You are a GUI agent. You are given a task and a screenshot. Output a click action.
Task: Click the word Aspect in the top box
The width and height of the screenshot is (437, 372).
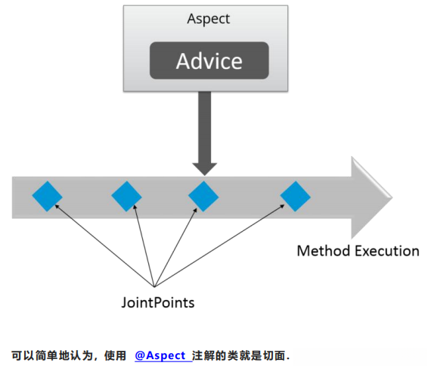[209, 18]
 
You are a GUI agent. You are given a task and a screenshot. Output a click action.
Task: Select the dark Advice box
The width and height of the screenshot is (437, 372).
[209, 61]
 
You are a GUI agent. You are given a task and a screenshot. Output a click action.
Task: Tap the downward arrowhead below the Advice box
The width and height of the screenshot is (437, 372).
[203, 166]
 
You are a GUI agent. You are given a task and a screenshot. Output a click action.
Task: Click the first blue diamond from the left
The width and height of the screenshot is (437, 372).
[47, 197]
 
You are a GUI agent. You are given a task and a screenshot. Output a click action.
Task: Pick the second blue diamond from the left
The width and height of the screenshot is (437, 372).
[126, 197]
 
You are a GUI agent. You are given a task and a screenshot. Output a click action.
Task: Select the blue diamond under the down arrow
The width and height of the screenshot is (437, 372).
[203, 197]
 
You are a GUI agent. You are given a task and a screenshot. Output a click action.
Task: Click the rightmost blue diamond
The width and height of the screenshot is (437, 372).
[296, 197]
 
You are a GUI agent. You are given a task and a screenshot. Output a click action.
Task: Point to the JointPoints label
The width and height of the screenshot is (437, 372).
[158, 302]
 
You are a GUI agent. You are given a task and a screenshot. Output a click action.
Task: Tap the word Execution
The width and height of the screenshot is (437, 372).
[387, 251]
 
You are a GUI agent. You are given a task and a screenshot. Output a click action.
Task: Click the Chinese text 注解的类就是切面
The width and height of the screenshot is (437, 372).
[240, 355]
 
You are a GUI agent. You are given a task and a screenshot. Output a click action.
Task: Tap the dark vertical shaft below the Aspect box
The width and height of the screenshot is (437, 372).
[203, 121]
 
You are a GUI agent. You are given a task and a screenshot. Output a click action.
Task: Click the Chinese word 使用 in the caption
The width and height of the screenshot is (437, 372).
[115, 355]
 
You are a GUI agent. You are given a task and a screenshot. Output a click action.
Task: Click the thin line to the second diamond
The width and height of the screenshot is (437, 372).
[141, 242]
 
